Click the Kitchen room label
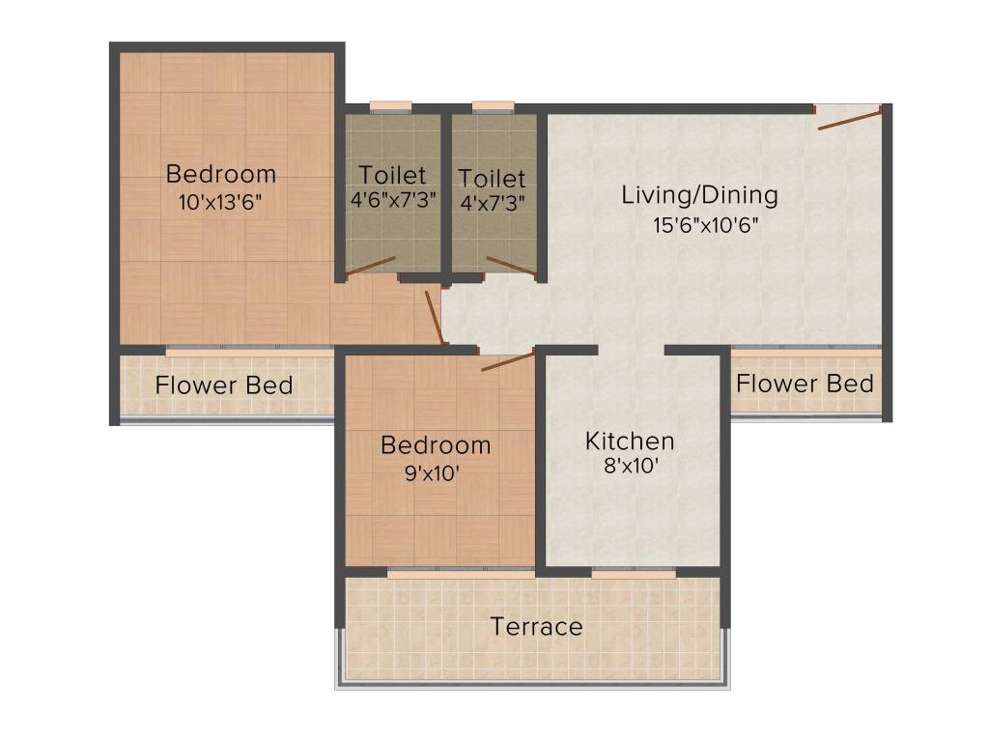630,442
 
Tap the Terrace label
536,627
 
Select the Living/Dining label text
699,195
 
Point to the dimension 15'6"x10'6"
699,226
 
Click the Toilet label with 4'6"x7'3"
392,176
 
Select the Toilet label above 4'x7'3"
493,179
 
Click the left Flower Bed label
224,385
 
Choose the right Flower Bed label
805,384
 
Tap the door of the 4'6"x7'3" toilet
371,268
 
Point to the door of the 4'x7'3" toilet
511,266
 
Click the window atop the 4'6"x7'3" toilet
391,106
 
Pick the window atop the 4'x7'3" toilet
493,106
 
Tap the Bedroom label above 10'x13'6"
220,174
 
